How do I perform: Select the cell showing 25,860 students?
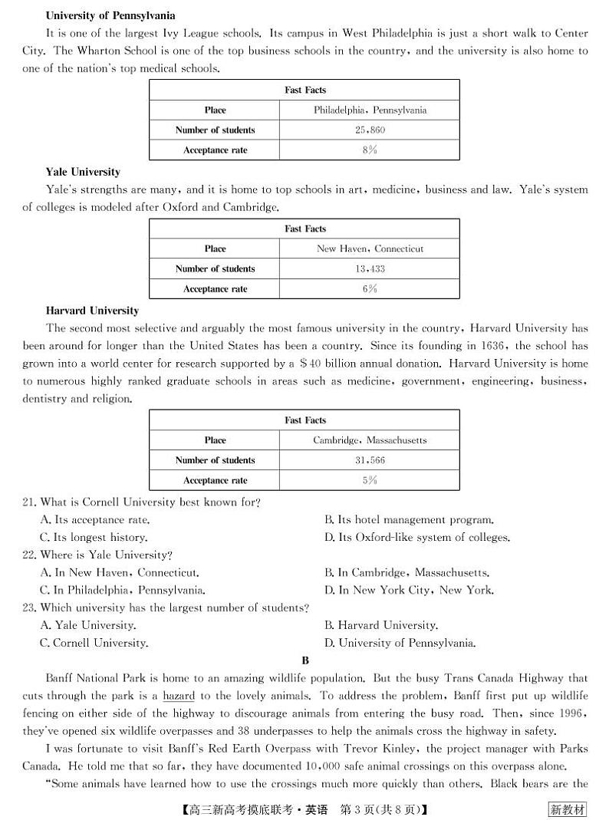click(x=370, y=130)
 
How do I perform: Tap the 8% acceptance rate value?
click(x=370, y=150)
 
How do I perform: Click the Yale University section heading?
click(x=83, y=172)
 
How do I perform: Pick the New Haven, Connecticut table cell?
click(x=370, y=249)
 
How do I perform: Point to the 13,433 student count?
click(x=370, y=269)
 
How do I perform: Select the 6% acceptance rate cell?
click(x=370, y=289)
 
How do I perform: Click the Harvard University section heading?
click(x=92, y=311)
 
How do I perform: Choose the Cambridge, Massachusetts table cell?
click(x=370, y=440)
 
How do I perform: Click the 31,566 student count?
click(x=370, y=460)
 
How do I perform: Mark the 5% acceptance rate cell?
click(x=370, y=480)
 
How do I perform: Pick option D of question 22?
click(x=409, y=590)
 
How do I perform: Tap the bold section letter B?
click(x=305, y=660)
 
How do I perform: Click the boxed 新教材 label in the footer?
click(x=568, y=809)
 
